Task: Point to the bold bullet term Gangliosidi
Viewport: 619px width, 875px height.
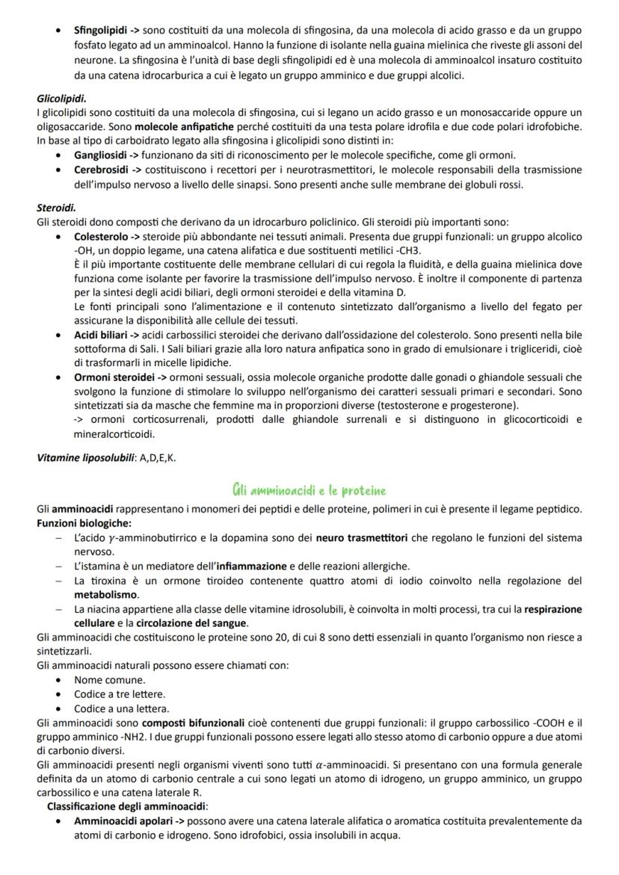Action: coord(101,155)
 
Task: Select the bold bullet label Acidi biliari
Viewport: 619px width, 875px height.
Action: coord(102,334)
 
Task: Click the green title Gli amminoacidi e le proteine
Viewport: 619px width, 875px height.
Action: coord(309,490)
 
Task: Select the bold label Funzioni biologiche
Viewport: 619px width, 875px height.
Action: coord(84,522)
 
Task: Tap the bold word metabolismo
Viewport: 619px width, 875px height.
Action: coord(105,595)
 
